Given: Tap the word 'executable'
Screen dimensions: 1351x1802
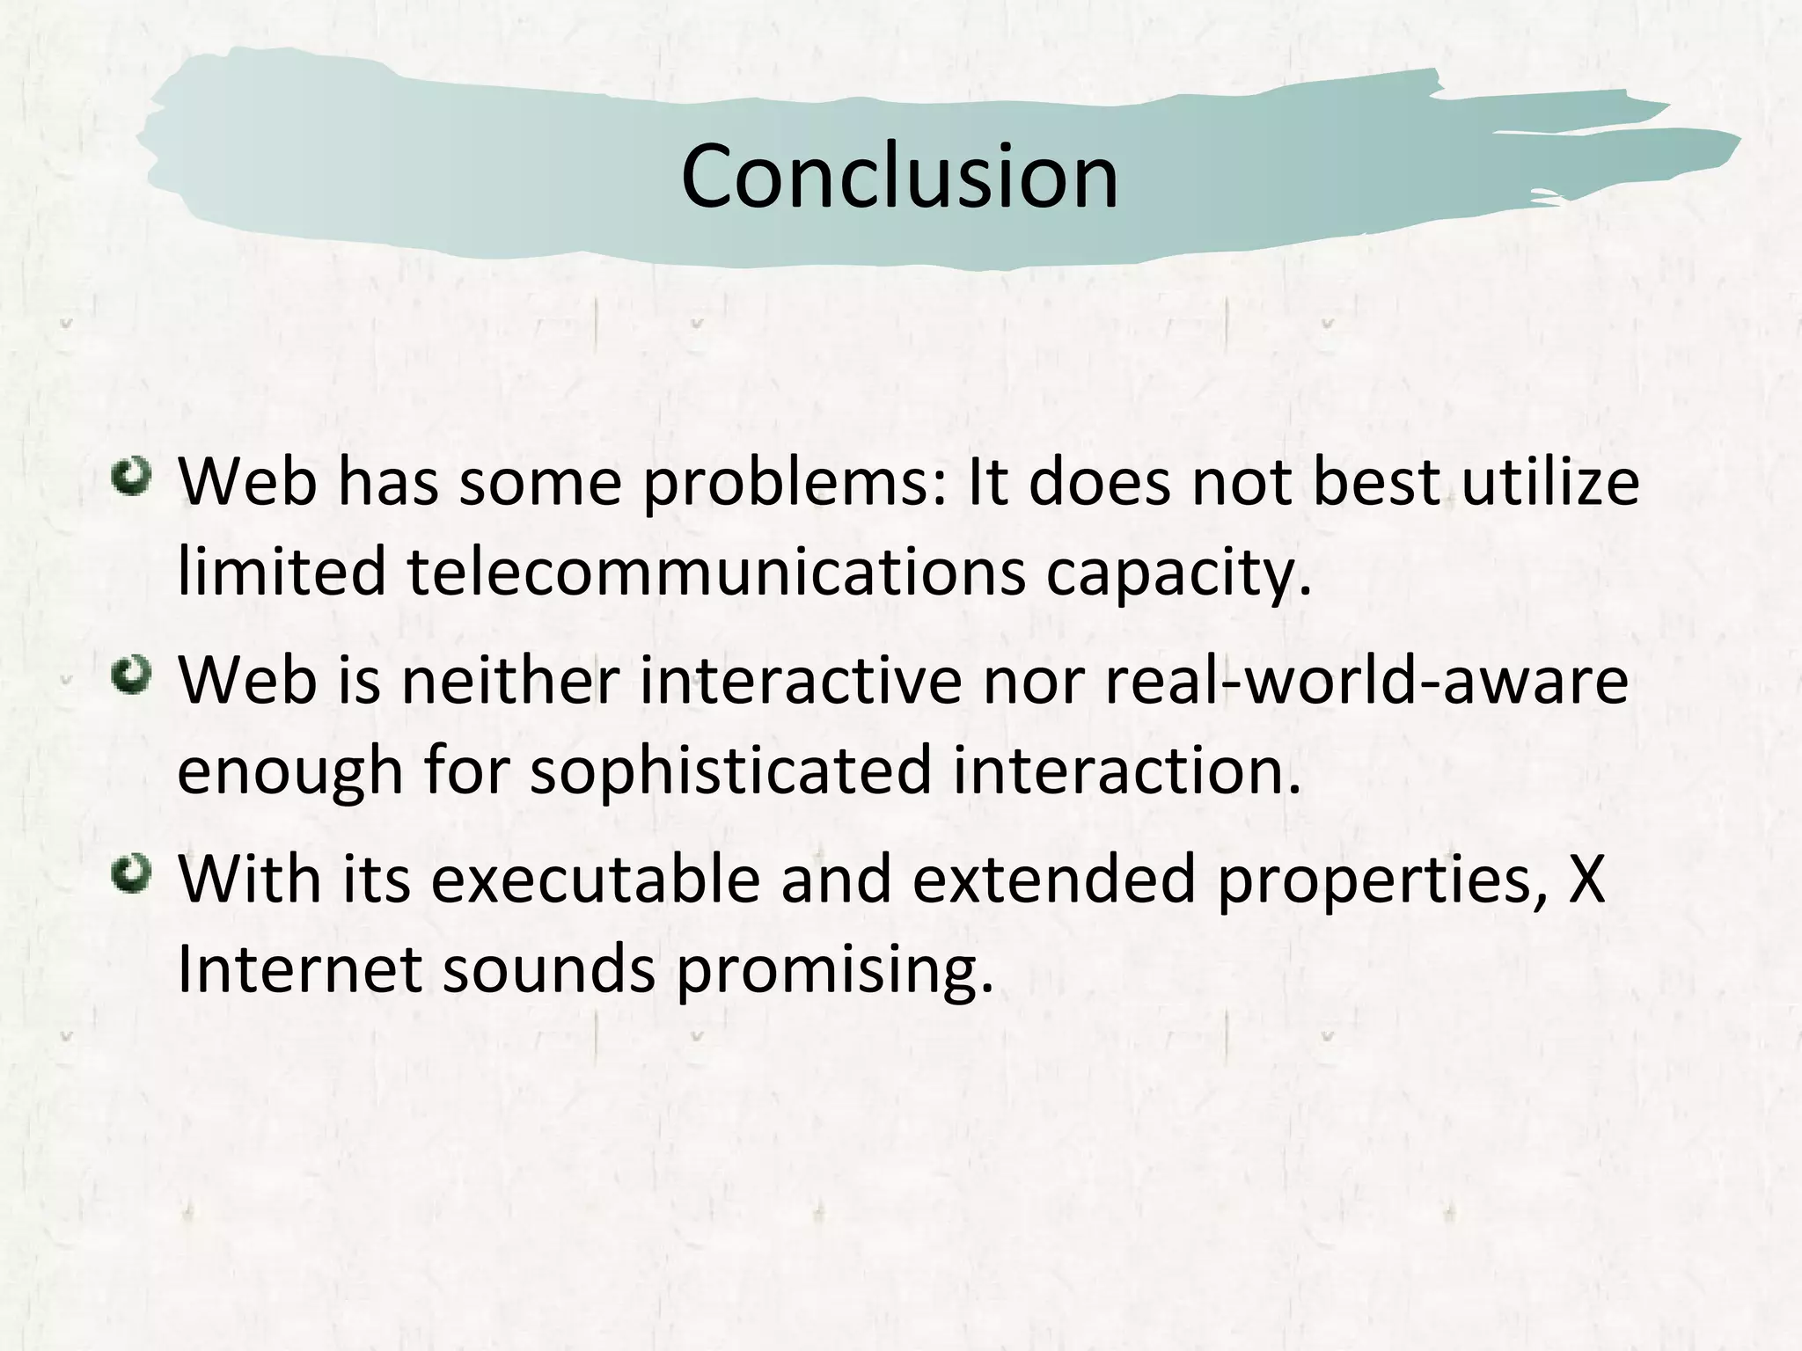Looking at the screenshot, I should pos(595,879).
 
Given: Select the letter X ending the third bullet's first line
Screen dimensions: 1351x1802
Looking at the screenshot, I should pos(1586,879).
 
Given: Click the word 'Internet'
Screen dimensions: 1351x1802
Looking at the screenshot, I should pos(299,968).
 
